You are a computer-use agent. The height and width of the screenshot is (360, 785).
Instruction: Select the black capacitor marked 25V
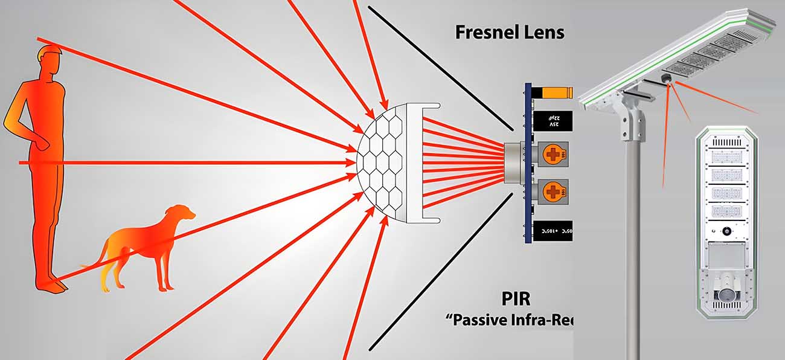click(x=552, y=121)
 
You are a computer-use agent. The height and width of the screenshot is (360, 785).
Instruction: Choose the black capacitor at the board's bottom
click(x=552, y=231)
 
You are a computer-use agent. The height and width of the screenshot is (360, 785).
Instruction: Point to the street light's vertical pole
click(x=632, y=242)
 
